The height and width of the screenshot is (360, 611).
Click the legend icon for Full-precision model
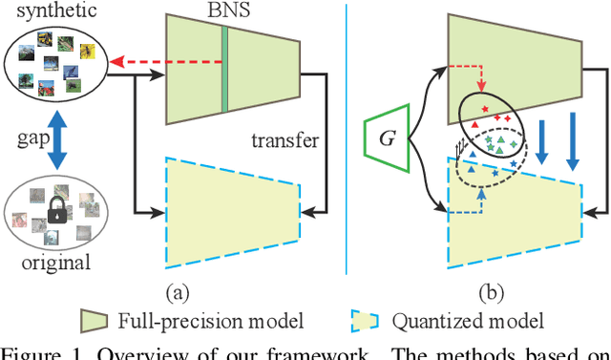(95, 320)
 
